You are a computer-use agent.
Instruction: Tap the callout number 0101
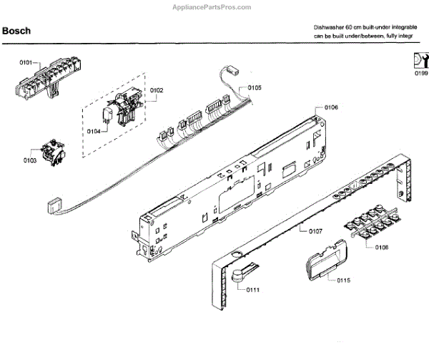click(26, 63)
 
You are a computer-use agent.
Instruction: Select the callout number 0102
click(157, 90)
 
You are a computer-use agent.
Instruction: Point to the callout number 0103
click(29, 160)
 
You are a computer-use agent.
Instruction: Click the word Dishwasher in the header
click(330, 26)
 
